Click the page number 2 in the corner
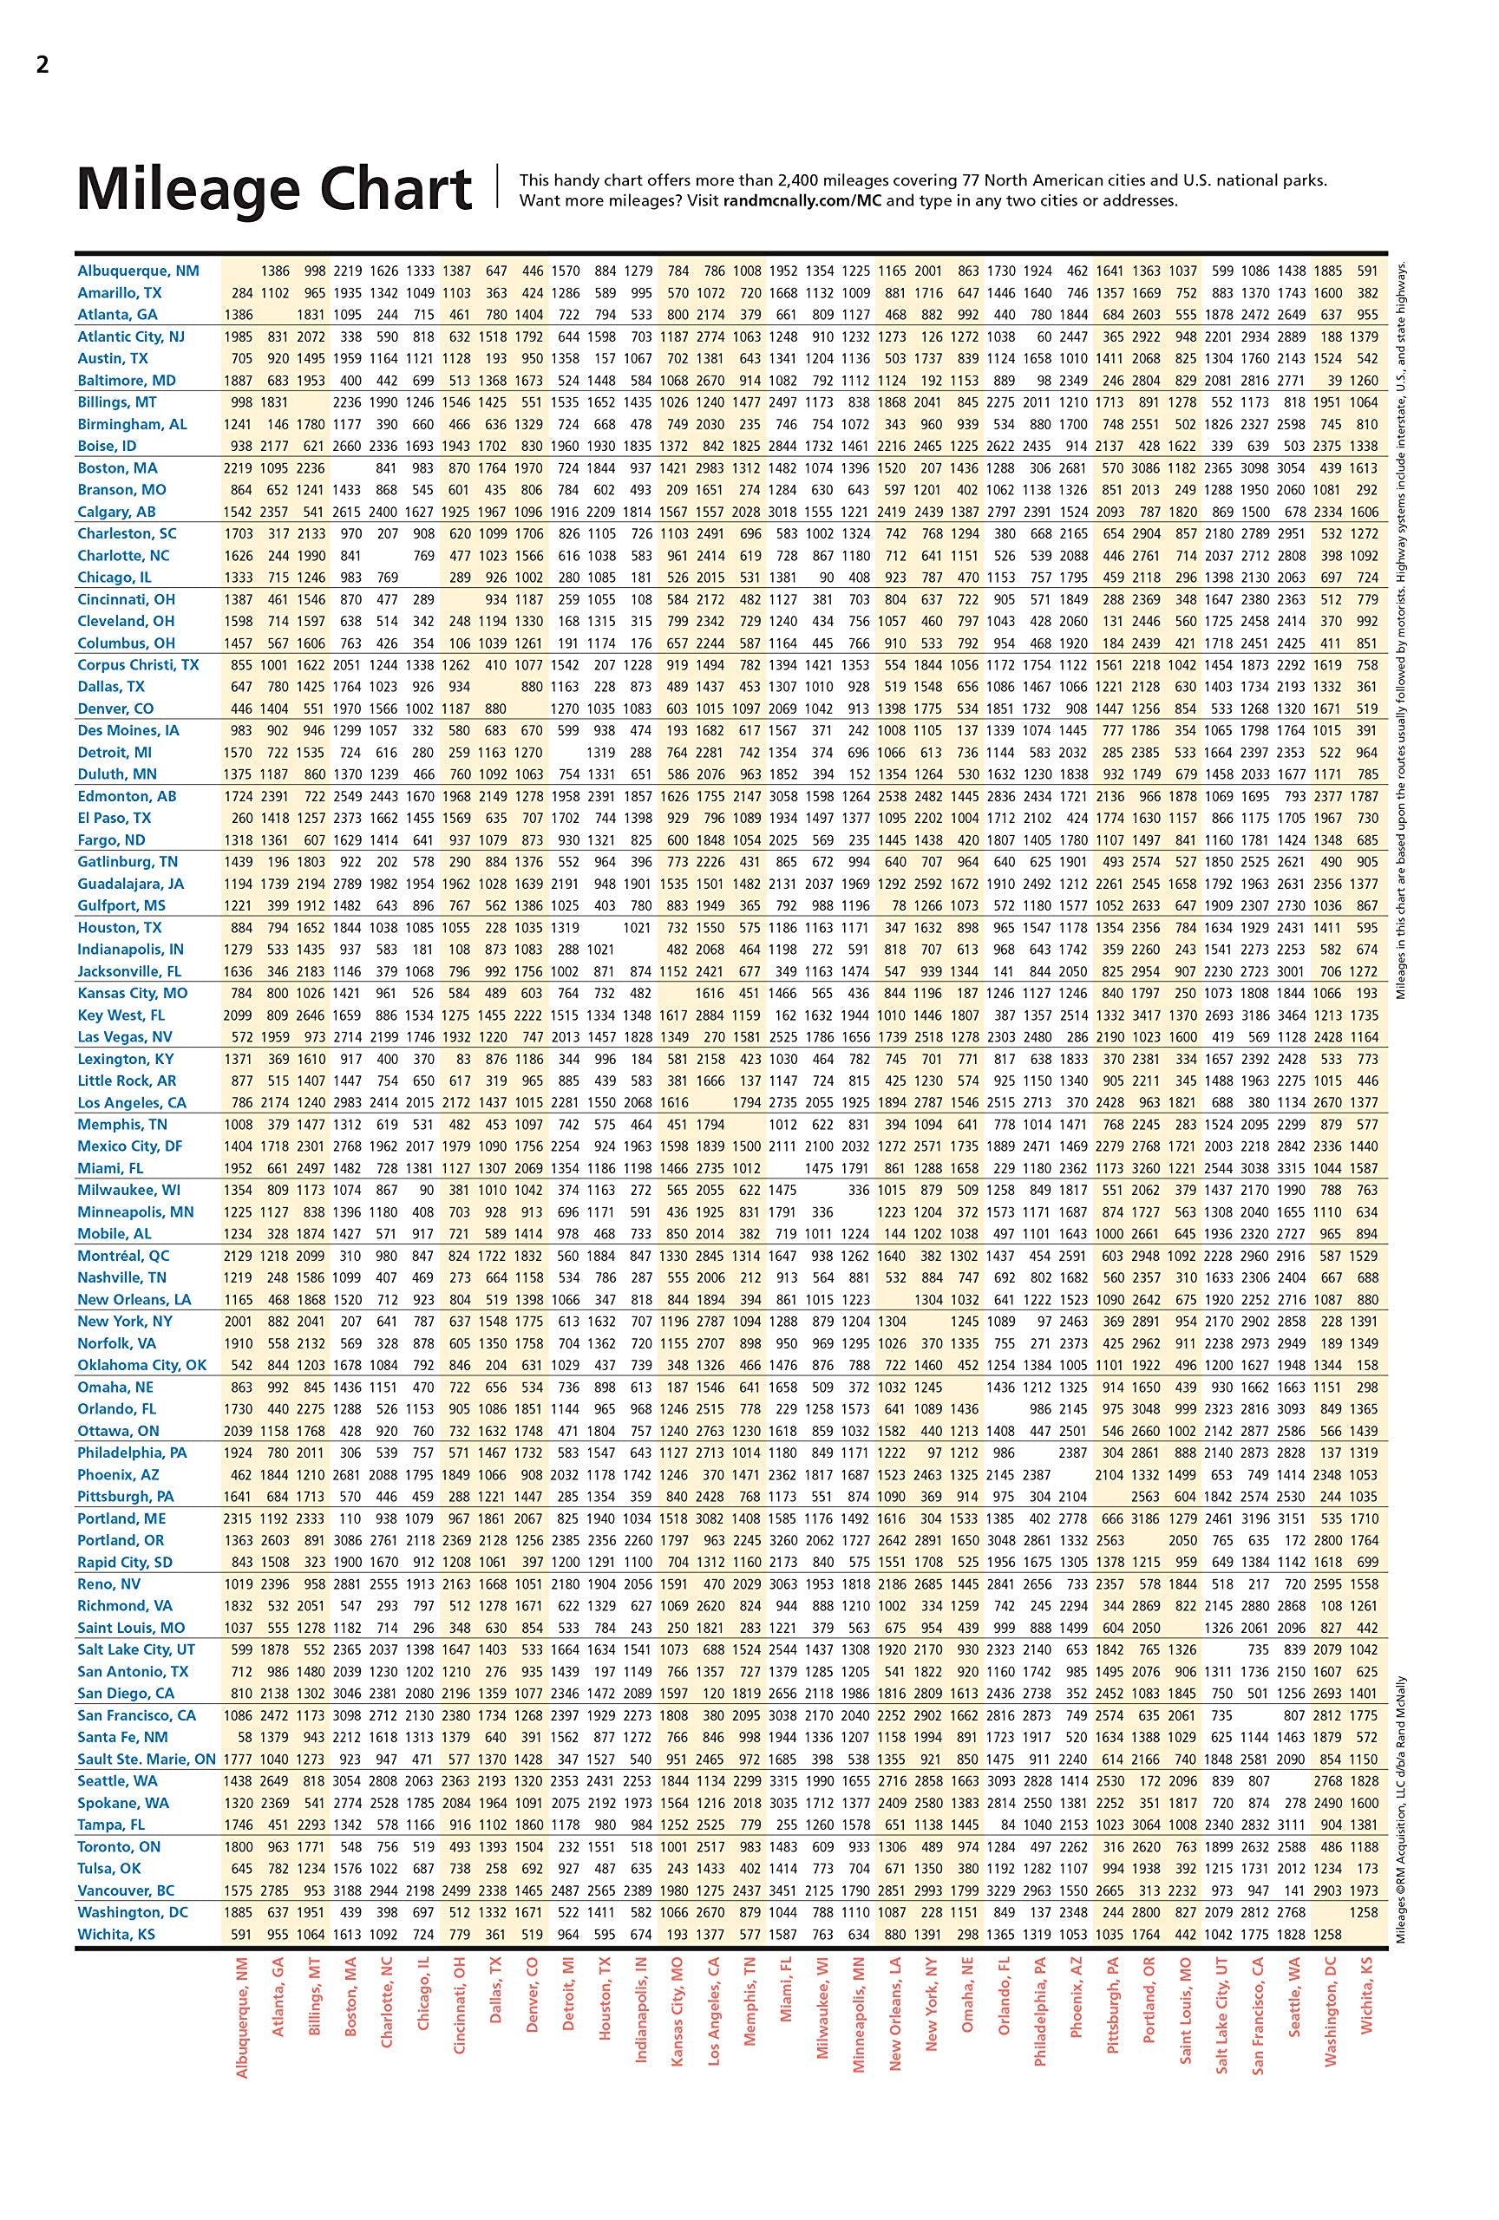(42, 66)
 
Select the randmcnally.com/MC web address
(802, 201)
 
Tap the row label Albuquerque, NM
(139, 271)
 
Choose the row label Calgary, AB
(116, 512)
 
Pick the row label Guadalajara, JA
(131, 885)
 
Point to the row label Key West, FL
(121, 1015)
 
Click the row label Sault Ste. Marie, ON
(147, 1760)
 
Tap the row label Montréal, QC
(123, 1257)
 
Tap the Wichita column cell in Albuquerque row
(1367, 271)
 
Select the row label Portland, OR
(121, 1540)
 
